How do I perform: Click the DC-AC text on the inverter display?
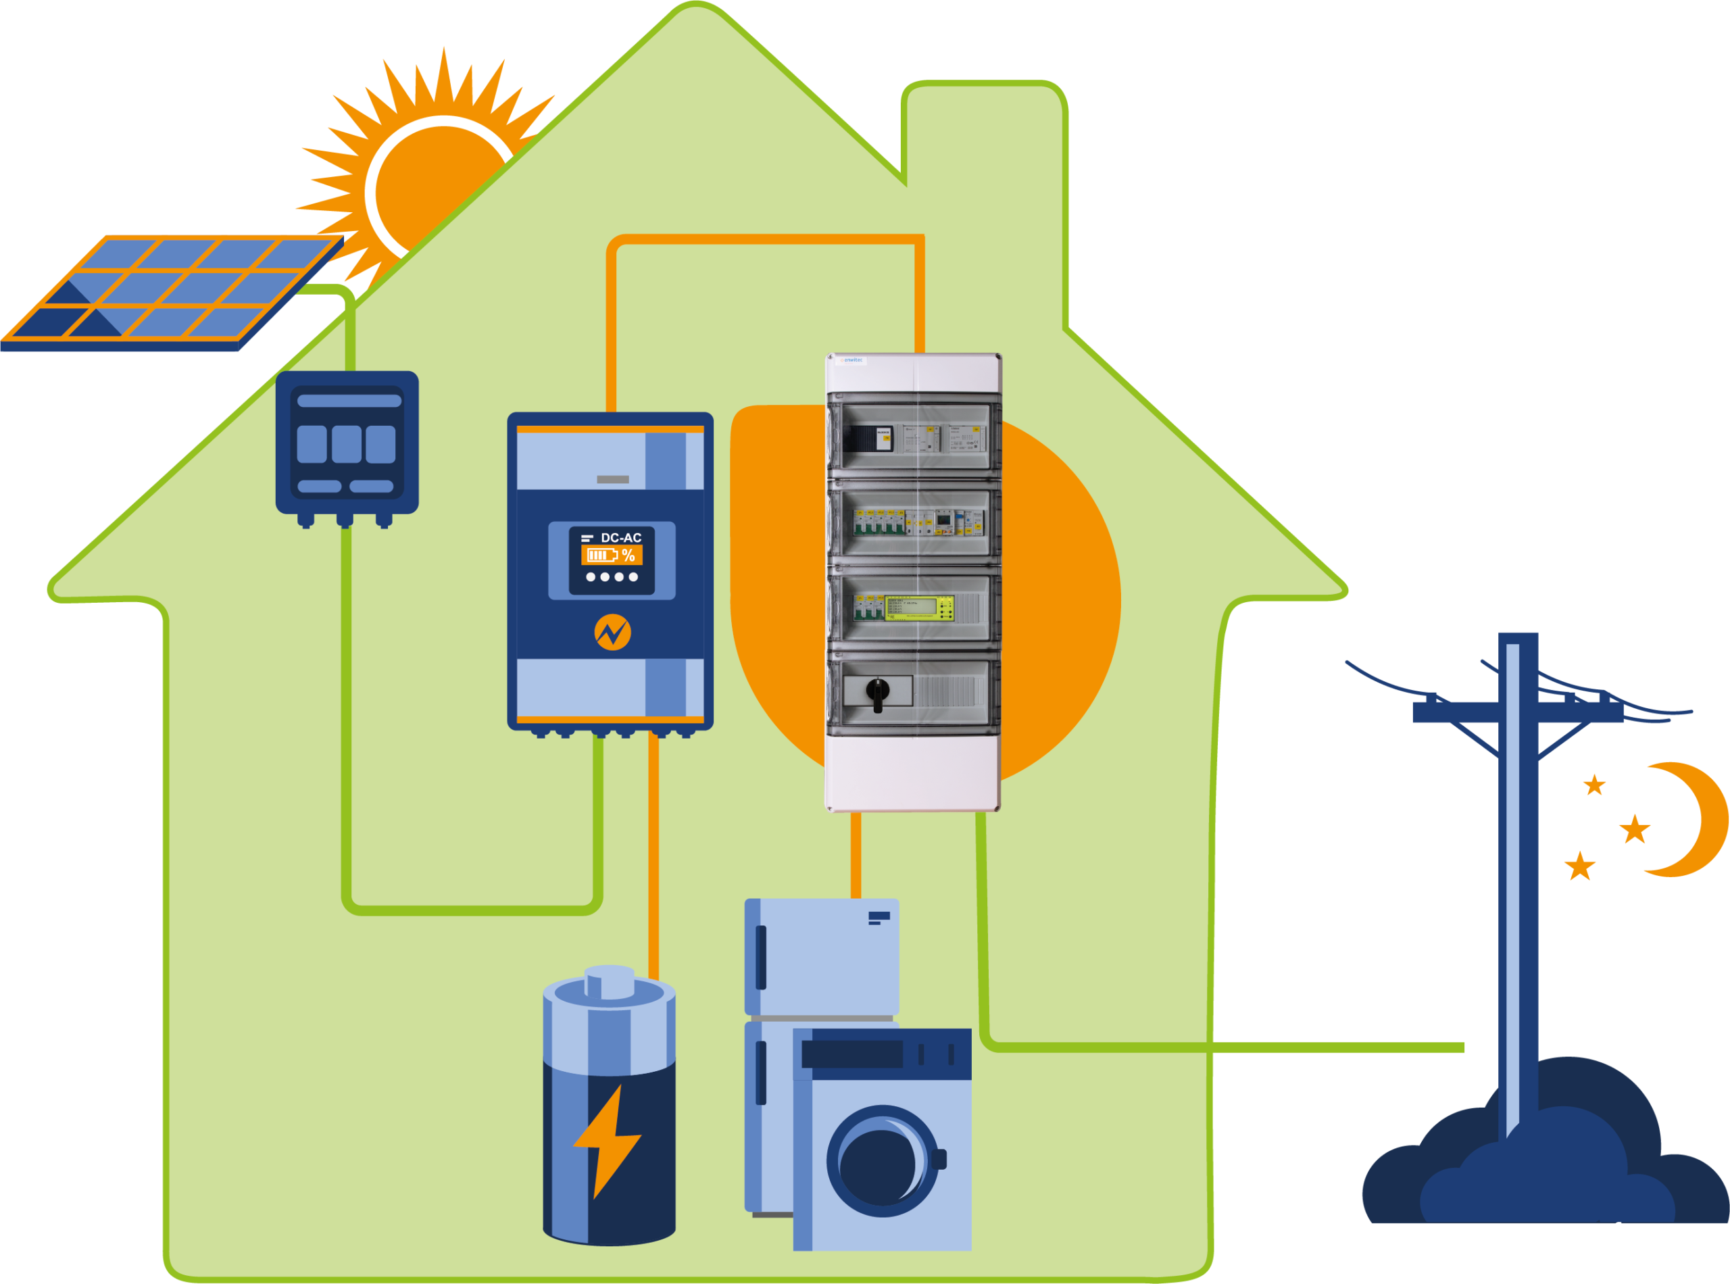click(620, 538)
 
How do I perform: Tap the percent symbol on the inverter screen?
click(628, 555)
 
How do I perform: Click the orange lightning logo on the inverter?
click(612, 633)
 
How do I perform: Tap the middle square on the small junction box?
click(347, 444)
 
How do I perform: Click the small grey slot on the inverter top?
click(612, 480)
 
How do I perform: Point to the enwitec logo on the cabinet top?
click(853, 361)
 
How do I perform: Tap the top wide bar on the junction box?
click(349, 401)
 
